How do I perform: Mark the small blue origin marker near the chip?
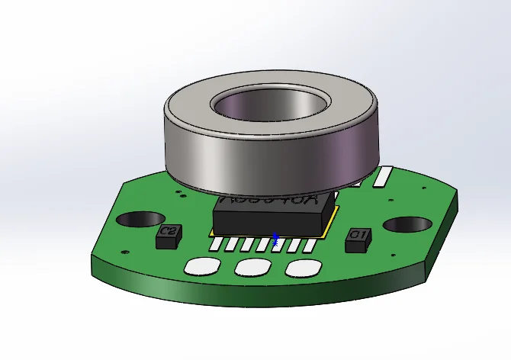[x=275, y=239]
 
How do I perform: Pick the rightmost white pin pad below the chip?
[x=308, y=246]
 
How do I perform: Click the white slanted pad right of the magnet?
[x=381, y=178]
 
